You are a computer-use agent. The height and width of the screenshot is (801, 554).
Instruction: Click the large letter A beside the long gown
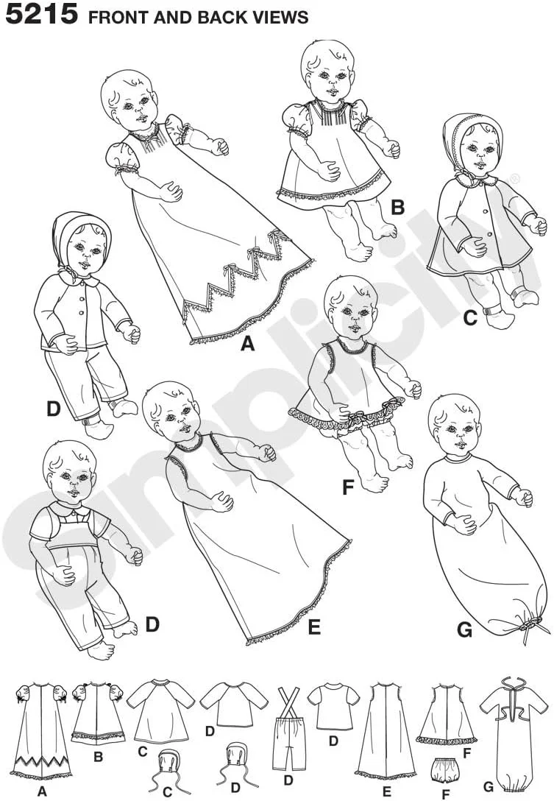[248, 343]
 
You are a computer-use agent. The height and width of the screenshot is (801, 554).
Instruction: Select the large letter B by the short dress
[397, 208]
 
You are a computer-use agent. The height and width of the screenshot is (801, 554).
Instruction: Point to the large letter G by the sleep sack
[464, 630]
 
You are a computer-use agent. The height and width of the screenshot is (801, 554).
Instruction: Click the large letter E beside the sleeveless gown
[314, 627]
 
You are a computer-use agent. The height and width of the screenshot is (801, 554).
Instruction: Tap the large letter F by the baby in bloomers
[348, 487]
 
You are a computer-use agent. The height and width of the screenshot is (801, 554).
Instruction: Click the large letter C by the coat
[469, 318]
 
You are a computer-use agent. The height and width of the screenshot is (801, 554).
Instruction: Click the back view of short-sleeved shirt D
[333, 707]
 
